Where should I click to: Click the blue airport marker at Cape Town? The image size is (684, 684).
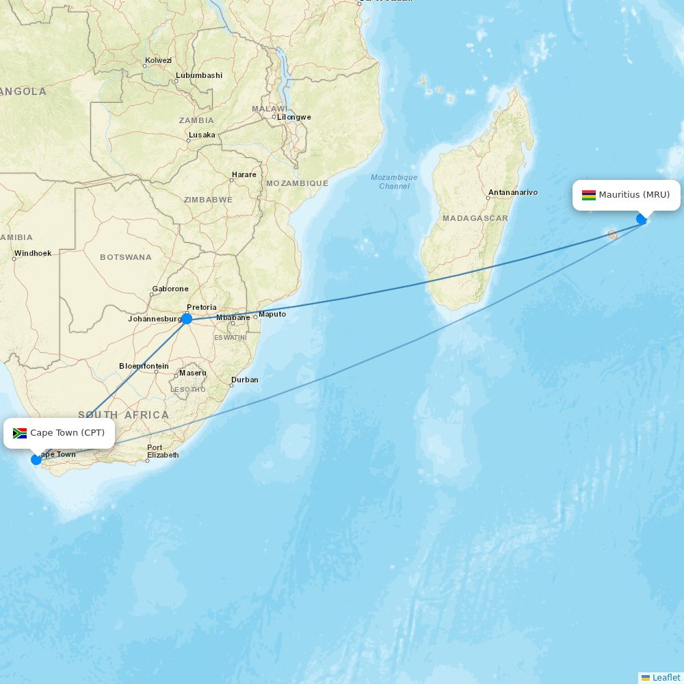click(36, 459)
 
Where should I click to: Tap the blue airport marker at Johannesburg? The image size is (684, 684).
click(187, 318)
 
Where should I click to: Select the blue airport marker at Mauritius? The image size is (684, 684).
click(642, 219)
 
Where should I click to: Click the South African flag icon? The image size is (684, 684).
click(20, 433)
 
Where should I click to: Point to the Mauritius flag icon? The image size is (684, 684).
click(588, 195)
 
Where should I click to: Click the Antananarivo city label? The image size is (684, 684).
click(513, 193)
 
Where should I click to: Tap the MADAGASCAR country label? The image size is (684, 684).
click(475, 218)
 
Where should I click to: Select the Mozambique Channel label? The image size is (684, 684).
click(394, 182)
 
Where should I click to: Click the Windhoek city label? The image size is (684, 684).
click(33, 253)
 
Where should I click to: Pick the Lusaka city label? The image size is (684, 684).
click(202, 135)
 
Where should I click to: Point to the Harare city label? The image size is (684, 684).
click(244, 174)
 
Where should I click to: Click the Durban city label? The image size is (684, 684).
click(245, 380)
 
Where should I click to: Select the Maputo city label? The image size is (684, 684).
click(272, 314)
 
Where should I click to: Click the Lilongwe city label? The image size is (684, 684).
click(293, 117)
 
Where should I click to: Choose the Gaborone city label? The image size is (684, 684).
click(170, 289)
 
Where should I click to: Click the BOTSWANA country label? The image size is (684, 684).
click(126, 257)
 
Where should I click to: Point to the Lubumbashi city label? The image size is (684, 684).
click(199, 75)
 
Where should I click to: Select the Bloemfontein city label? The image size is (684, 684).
click(144, 366)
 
